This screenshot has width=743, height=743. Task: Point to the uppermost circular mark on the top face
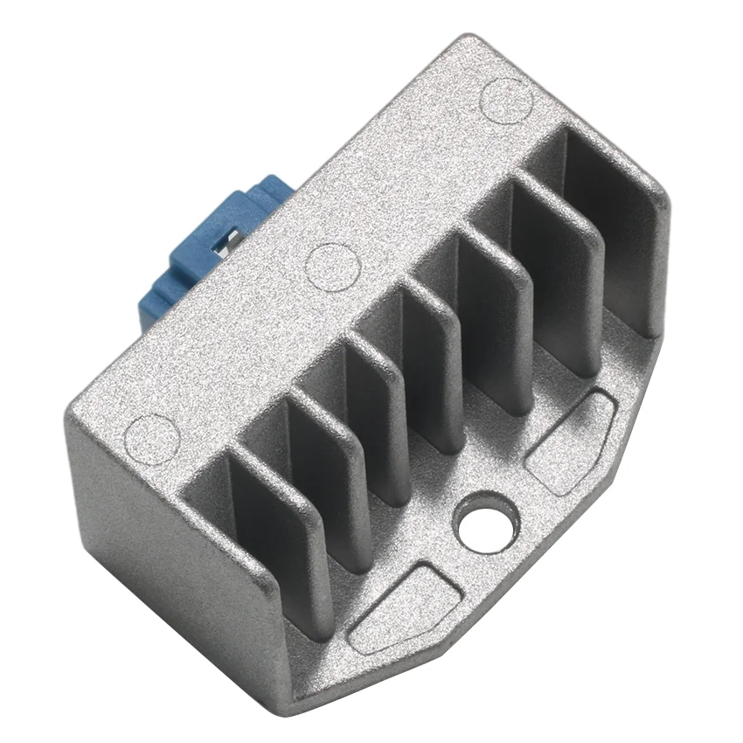507,98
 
